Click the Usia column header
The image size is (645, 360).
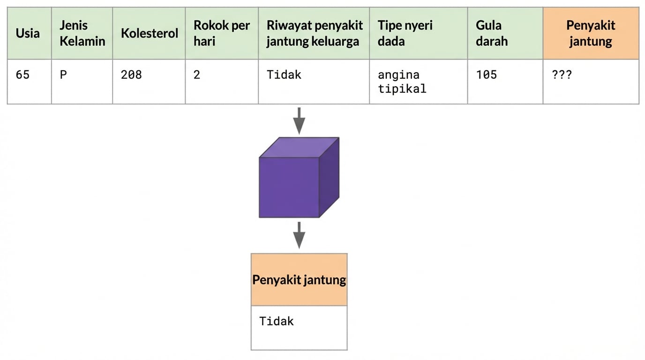[28, 33]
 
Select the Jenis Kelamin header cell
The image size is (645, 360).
[82, 33]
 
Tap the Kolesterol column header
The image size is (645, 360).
[149, 33]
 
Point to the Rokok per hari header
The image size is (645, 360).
[221, 33]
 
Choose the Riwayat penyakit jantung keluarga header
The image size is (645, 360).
[314, 33]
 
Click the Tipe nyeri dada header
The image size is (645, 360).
[405, 33]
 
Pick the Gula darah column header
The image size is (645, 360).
[492, 33]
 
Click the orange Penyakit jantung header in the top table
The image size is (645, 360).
[591, 33]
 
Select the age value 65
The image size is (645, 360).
[22, 75]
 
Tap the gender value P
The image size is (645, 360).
[63, 75]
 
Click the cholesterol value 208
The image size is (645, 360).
[131, 75]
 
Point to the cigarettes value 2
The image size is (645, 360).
[197, 75]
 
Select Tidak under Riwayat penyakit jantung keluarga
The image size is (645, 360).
[284, 75]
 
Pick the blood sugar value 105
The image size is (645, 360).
[487, 75]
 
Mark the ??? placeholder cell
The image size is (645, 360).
[562, 75]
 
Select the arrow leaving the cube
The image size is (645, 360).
[299, 235]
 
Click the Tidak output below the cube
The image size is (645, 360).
[277, 322]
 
